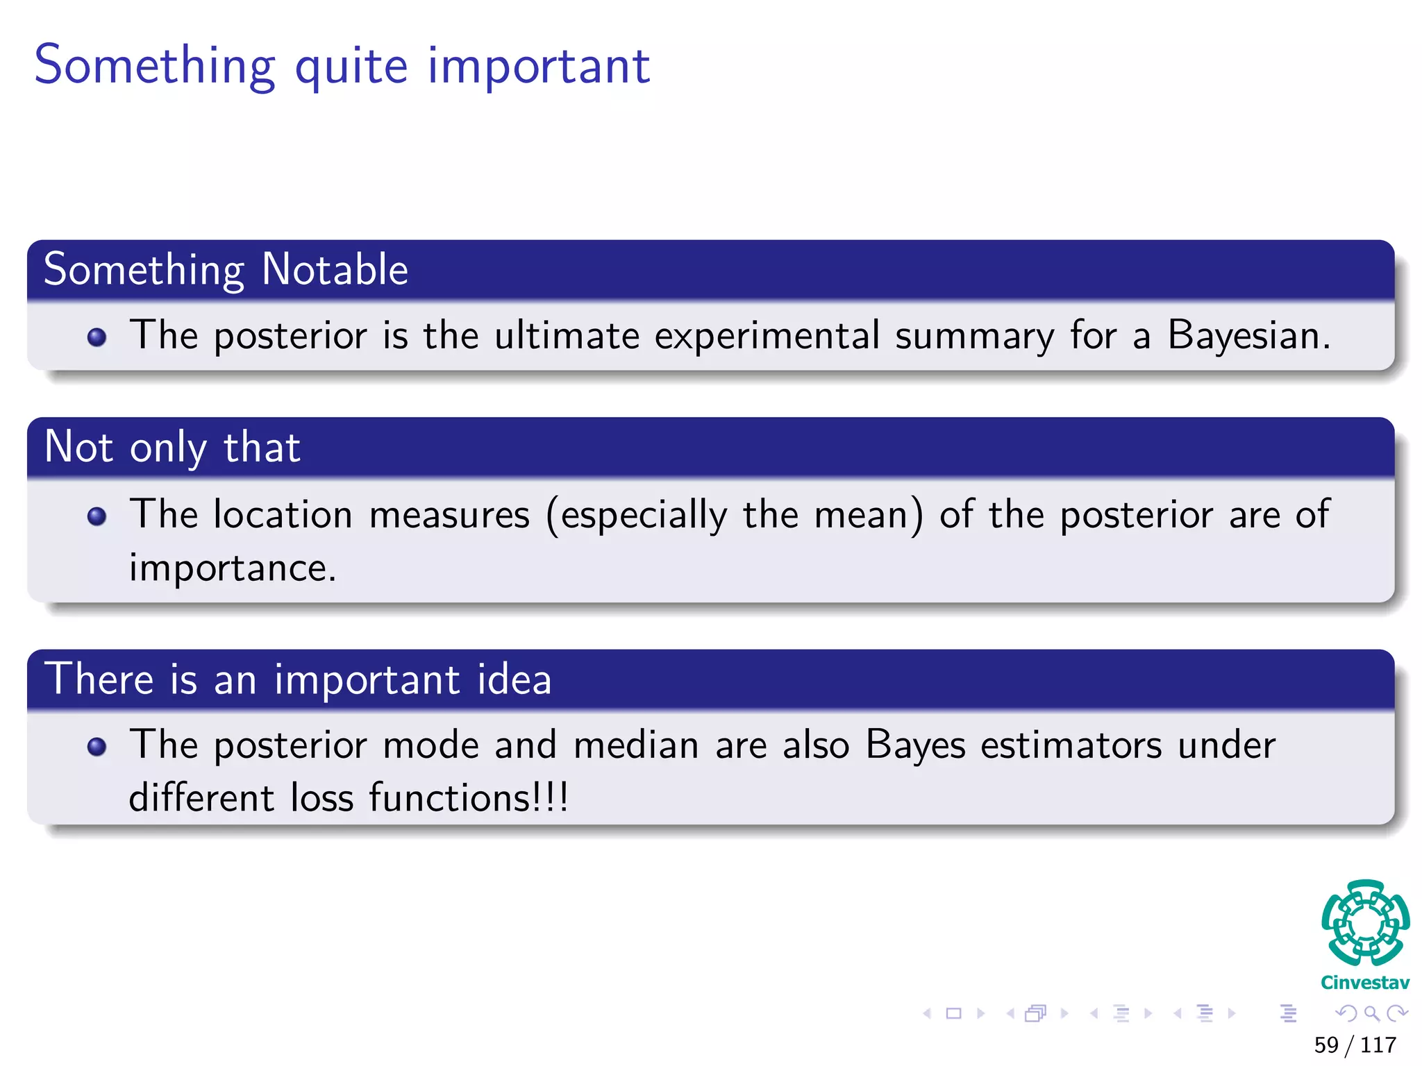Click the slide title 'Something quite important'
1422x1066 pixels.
point(342,66)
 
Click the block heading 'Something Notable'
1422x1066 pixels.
point(226,269)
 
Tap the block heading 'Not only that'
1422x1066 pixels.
point(172,447)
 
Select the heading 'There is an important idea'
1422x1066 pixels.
point(297,679)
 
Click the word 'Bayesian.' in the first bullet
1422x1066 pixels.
point(1248,336)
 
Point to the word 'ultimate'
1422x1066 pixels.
point(567,336)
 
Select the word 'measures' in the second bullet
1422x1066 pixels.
point(449,516)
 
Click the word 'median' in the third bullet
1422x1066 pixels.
point(636,745)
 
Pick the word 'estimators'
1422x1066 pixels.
point(1071,745)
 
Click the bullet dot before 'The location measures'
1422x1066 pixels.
point(97,516)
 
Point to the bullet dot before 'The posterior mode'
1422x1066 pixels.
point(97,747)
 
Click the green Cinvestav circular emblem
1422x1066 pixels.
point(1365,923)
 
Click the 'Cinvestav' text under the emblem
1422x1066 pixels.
point(1365,983)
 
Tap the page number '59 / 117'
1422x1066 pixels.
point(1355,1044)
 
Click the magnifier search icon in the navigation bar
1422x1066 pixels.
point(1371,1014)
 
